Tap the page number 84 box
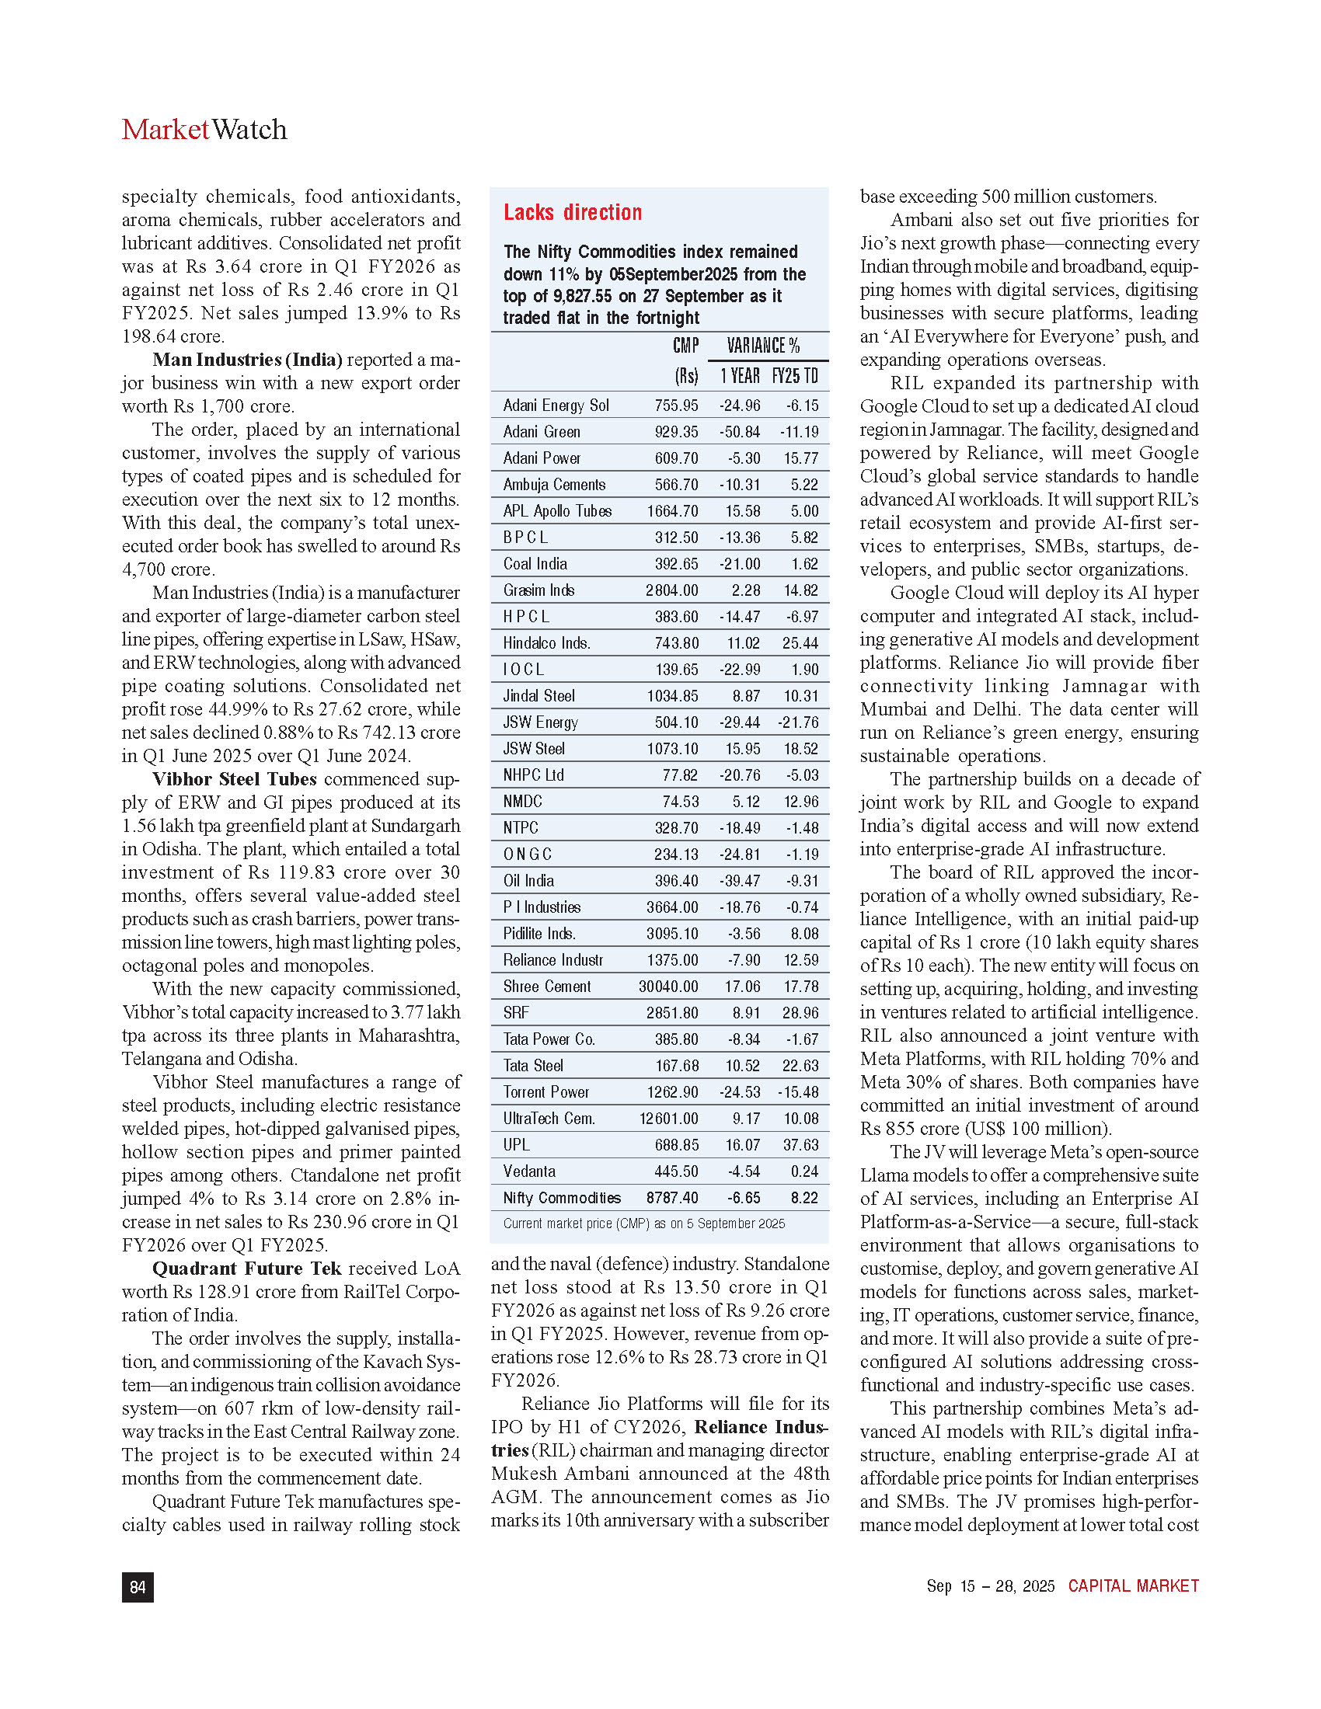(x=138, y=1587)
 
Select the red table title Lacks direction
(x=572, y=213)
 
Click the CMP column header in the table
(x=685, y=346)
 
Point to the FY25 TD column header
(x=795, y=377)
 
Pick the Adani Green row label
(x=542, y=432)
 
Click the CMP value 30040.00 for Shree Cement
(x=668, y=987)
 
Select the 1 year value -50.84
(x=740, y=432)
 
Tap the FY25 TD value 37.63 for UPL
(x=800, y=1146)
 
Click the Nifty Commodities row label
(x=562, y=1198)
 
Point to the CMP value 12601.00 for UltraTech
(x=668, y=1119)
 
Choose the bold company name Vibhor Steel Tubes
(x=234, y=779)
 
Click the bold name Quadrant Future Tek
(x=246, y=1269)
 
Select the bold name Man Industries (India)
(x=247, y=360)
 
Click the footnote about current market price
(x=643, y=1223)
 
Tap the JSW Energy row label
(x=541, y=722)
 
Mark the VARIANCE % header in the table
(x=763, y=346)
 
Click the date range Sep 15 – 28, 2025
(x=990, y=1586)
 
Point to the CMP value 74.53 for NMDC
(x=680, y=802)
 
